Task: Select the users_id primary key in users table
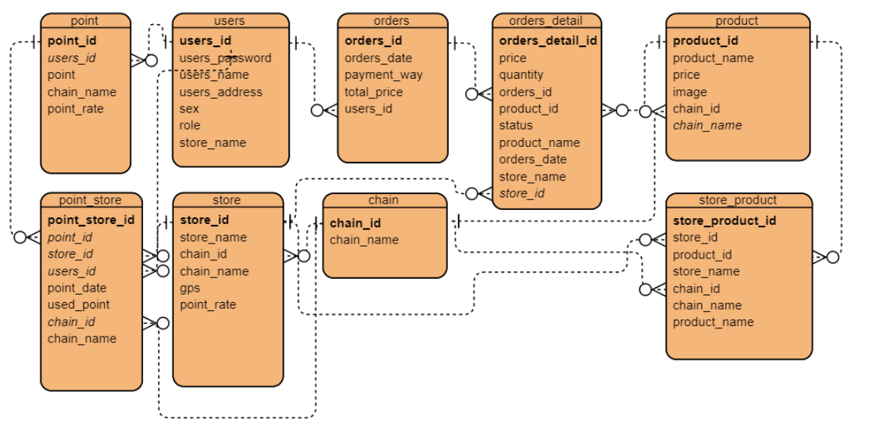tap(205, 40)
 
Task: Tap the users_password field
tap(225, 58)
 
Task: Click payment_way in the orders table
tap(383, 75)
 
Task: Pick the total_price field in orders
tap(373, 92)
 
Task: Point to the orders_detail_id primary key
tap(548, 40)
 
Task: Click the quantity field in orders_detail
tap(521, 75)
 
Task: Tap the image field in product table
tap(689, 92)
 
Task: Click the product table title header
tap(736, 20)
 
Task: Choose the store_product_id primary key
tap(724, 220)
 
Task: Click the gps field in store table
tap(190, 288)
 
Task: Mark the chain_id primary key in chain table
tap(355, 223)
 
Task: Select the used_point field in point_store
tap(79, 305)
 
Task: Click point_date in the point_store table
tap(77, 288)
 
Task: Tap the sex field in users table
tap(190, 109)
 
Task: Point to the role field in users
tap(190, 126)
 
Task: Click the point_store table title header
tap(90, 200)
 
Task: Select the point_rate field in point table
tap(76, 109)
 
